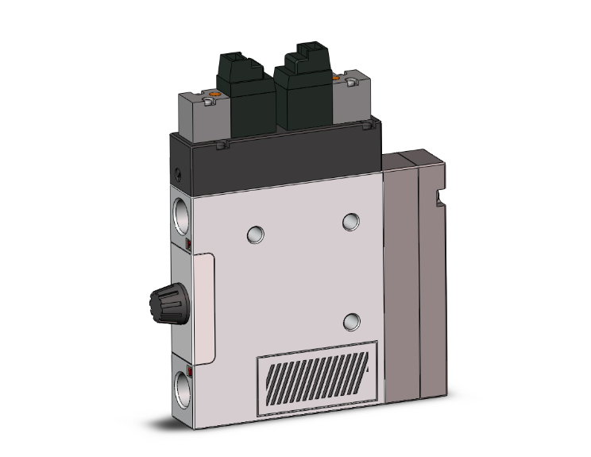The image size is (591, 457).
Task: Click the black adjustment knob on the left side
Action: (164, 300)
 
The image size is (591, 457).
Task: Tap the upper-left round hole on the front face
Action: (254, 234)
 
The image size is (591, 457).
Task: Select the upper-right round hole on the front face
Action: (351, 222)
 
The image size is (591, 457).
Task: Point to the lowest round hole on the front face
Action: (350, 321)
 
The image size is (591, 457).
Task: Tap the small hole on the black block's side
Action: (179, 172)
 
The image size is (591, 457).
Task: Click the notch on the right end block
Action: (438, 195)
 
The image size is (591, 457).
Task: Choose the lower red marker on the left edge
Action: (188, 370)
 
